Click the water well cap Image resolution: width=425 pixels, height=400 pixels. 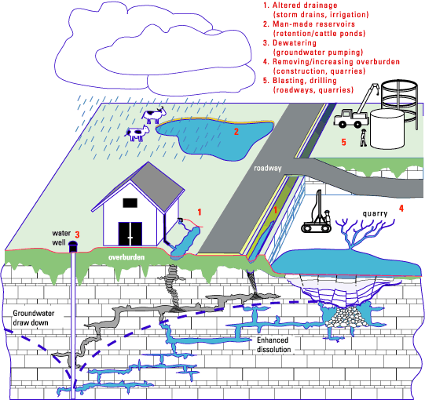(73, 246)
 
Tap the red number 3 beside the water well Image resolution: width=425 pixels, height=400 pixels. (77, 235)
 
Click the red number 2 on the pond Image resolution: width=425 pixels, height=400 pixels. (236, 132)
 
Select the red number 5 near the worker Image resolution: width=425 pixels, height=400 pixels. (343, 142)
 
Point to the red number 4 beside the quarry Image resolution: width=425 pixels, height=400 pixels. (401, 208)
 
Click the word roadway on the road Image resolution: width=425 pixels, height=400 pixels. (268, 168)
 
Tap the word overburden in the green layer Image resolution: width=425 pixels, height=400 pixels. (126, 256)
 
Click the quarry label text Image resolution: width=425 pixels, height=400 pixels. (376, 213)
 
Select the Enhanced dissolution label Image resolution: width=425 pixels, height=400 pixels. (273, 344)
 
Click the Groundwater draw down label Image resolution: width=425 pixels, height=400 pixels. (33, 318)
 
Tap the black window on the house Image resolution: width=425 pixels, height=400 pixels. (130, 202)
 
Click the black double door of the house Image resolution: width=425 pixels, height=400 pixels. (130, 234)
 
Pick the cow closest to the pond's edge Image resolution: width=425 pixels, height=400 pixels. (154, 115)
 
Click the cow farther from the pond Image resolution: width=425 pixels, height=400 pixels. (137, 133)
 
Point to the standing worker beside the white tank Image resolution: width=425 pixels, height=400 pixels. (363, 138)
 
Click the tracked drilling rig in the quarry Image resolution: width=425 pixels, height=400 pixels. (317, 216)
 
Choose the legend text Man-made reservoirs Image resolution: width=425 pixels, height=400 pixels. (309, 24)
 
